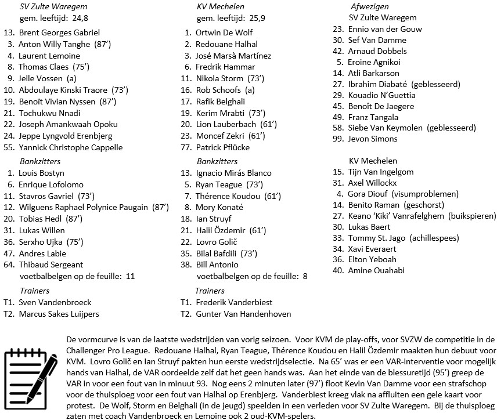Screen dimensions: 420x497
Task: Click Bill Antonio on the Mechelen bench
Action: (217, 265)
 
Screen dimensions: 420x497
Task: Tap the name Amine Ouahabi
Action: (376, 270)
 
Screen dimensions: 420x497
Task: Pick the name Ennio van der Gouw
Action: (385, 29)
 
